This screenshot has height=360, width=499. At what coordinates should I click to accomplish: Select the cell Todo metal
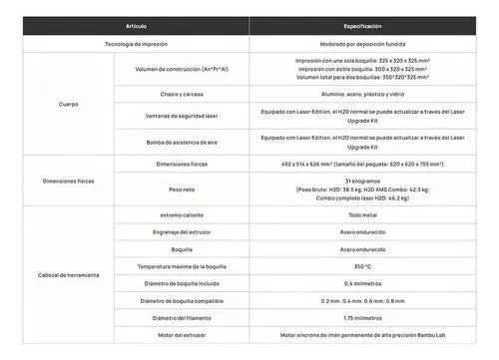(363, 214)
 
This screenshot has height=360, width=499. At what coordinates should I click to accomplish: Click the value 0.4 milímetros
(363, 284)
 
